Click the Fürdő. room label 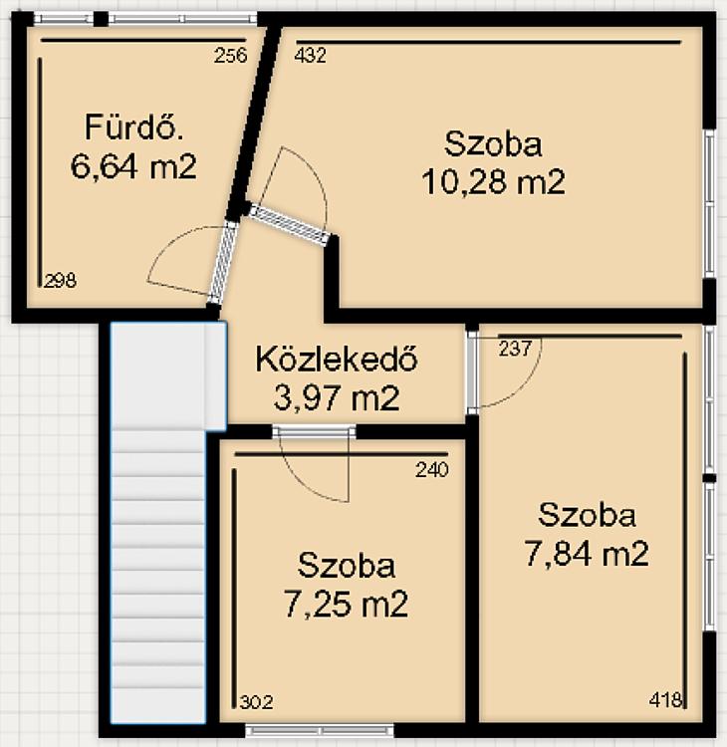(x=133, y=126)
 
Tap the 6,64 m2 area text (x=133, y=166)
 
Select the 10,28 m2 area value (x=494, y=182)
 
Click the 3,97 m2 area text (x=337, y=398)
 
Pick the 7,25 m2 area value (x=346, y=605)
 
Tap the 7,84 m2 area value (x=587, y=554)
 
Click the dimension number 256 (x=231, y=56)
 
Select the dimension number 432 (x=310, y=56)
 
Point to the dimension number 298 (x=60, y=280)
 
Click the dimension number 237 (x=515, y=349)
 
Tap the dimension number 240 (x=432, y=470)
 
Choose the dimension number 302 (x=256, y=702)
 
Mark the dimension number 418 (x=665, y=700)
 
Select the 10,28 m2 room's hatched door (x=289, y=224)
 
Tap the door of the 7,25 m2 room (x=314, y=431)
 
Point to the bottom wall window (x=320, y=730)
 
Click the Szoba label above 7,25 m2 (x=347, y=566)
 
